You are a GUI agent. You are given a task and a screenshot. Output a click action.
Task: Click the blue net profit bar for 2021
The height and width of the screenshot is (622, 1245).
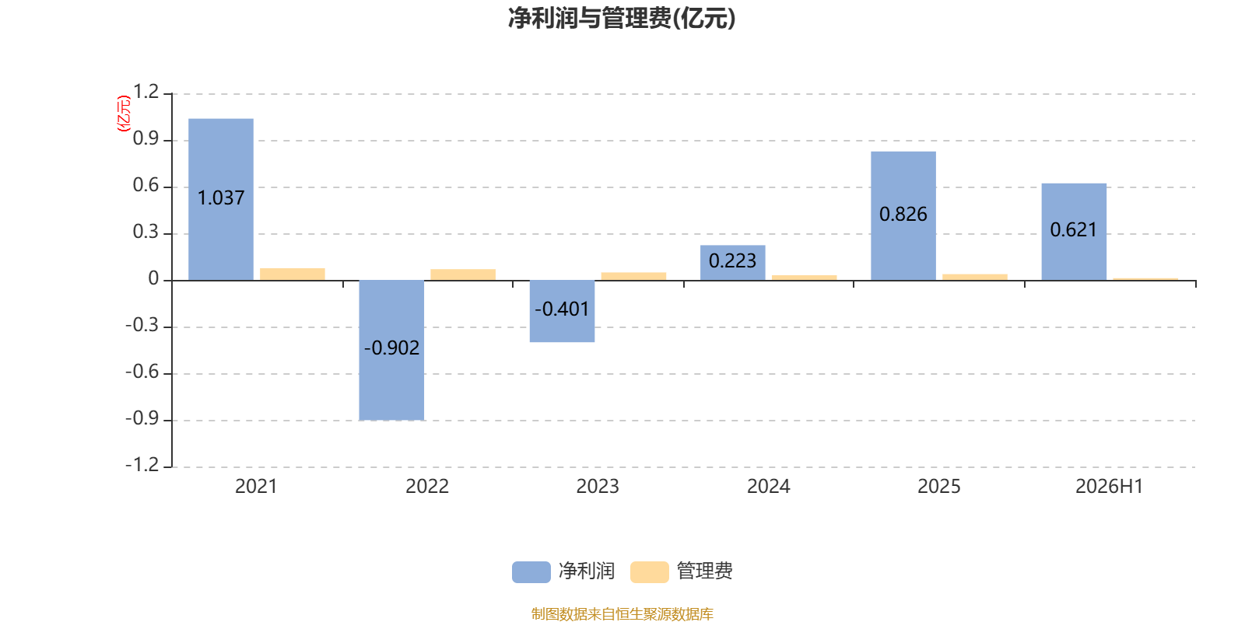[221, 199]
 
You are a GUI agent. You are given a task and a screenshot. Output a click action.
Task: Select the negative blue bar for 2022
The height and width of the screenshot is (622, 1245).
[391, 351]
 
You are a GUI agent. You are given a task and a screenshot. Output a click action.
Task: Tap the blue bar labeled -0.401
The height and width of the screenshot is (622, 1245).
[562, 312]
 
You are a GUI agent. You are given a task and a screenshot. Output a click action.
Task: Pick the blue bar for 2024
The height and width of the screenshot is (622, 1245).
[732, 264]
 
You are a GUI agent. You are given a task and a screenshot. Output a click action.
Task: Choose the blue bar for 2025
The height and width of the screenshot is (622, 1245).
[903, 216]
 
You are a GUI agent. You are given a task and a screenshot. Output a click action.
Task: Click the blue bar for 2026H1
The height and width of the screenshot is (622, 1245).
[1074, 232]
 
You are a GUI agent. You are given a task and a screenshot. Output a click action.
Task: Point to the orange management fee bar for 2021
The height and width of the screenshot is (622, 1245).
[293, 274]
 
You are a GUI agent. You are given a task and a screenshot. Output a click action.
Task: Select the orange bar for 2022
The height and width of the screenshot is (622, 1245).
[463, 275]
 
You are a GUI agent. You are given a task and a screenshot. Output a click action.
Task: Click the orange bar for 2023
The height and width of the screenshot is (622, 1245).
[633, 277]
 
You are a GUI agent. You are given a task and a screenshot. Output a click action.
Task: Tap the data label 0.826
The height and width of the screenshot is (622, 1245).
[903, 215]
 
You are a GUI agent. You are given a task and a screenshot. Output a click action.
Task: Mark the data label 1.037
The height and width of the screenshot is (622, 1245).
[221, 197]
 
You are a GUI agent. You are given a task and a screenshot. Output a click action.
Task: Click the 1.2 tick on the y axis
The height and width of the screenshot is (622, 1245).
[146, 92]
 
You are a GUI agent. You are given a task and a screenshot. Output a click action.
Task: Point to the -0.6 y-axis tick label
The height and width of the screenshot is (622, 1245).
[142, 372]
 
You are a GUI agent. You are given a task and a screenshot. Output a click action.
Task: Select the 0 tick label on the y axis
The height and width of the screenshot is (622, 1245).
[153, 278]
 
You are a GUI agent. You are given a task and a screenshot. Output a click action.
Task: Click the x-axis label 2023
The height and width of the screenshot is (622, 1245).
[598, 487]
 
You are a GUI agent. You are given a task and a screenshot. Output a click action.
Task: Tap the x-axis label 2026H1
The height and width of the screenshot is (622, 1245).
[1110, 487]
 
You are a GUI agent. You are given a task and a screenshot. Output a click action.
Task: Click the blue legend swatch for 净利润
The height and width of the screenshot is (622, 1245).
[531, 572]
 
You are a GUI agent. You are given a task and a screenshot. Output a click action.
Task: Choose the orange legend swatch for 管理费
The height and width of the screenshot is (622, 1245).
[649, 572]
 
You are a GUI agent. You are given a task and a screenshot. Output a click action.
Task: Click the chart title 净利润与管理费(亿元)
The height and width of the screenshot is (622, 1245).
[622, 19]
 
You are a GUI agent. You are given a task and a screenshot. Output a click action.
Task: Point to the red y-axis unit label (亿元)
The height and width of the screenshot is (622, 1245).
[124, 114]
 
